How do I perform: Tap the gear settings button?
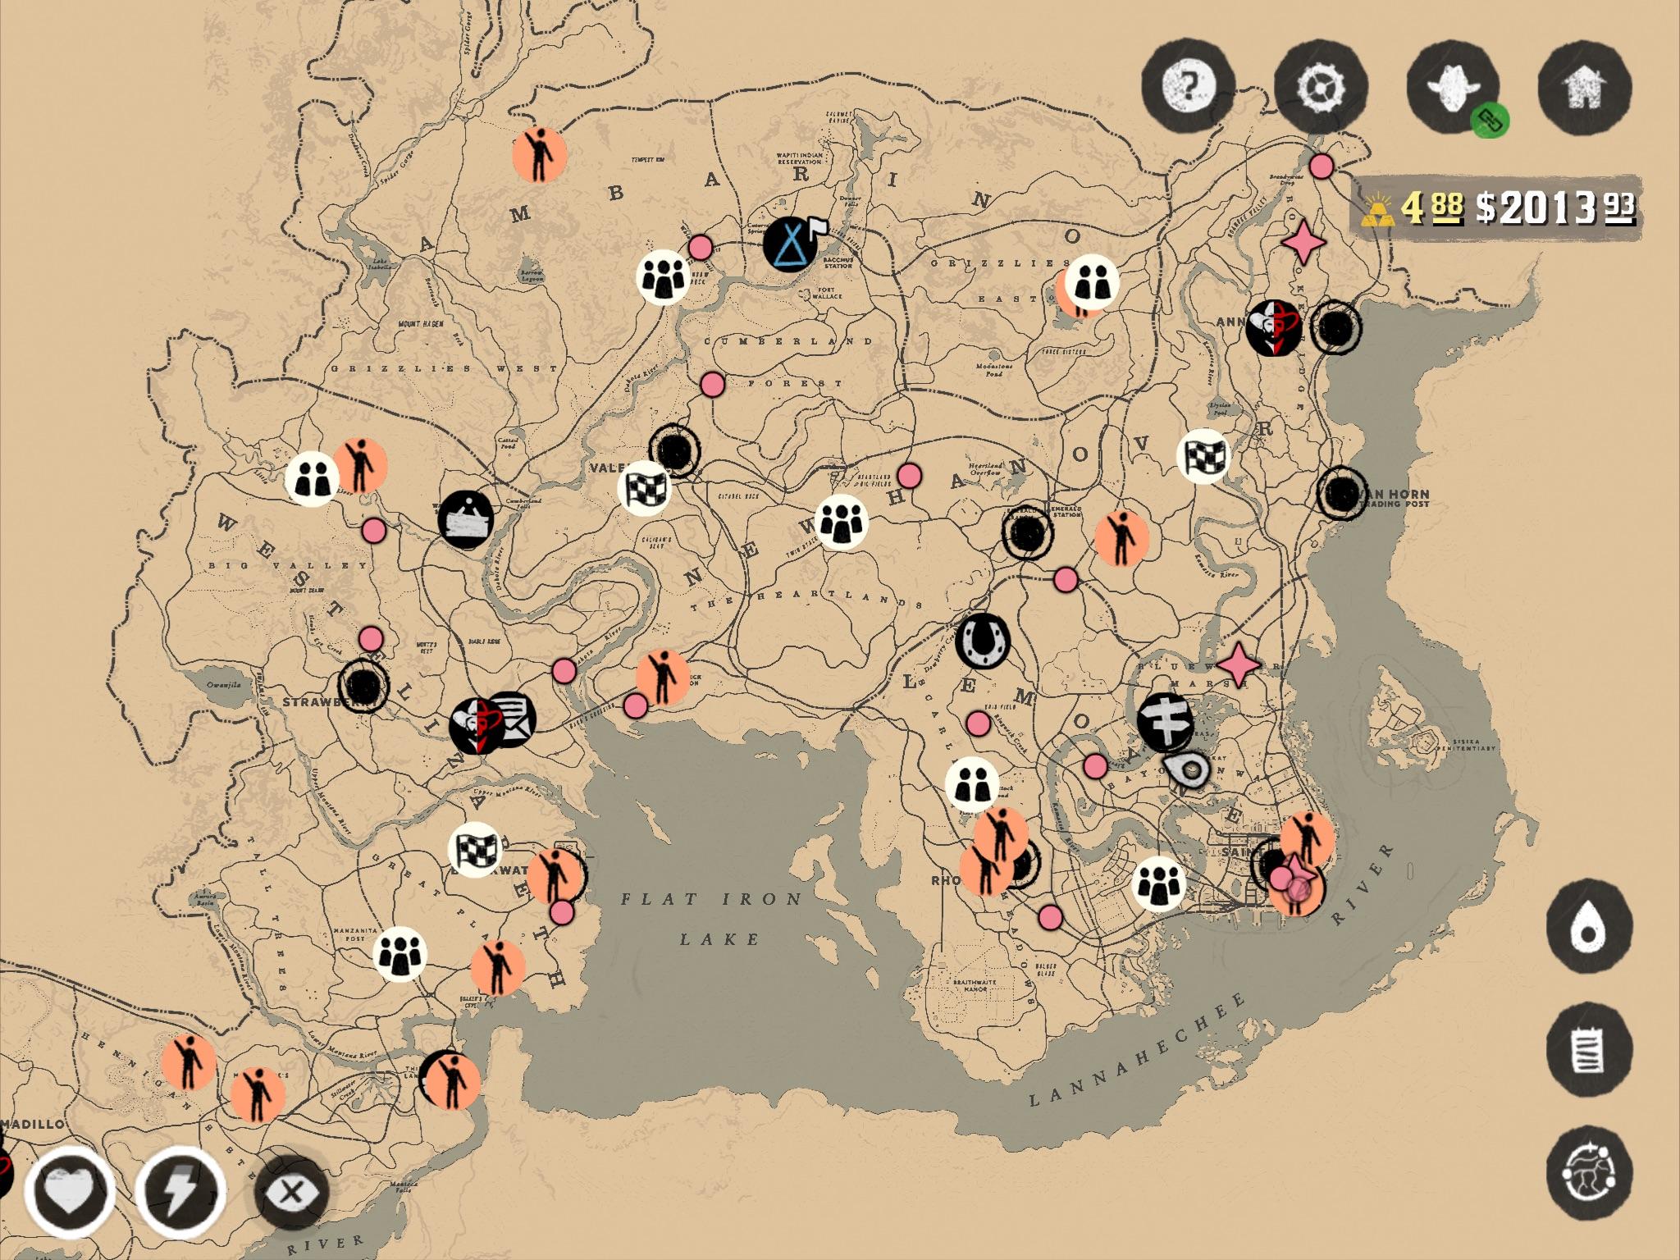[x=1321, y=86]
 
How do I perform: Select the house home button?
[x=1583, y=86]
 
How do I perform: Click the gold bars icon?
[x=1378, y=210]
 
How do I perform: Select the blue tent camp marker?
[x=789, y=243]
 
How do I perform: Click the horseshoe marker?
[x=982, y=641]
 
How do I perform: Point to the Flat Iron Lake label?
[x=710, y=918]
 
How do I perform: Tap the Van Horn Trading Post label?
[x=1395, y=498]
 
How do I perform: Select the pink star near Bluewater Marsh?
[x=1238, y=664]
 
